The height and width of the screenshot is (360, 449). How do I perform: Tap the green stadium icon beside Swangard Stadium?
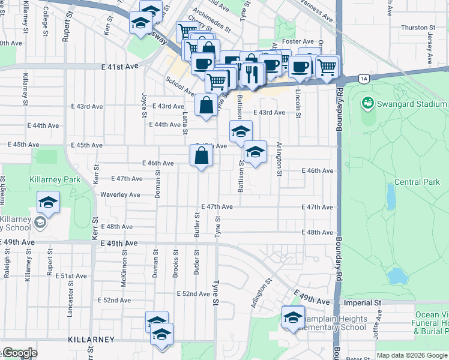pyautogui.click(x=367, y=103)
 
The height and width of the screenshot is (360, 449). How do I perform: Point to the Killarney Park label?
pyautogui.click(x=53, y=179)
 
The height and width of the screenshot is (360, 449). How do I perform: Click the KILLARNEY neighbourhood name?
pyautogui.click(x=91, y=340)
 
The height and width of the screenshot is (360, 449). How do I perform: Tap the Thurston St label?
pyautogui.click(x=418, y=28)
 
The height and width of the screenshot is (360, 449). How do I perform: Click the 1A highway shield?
pyautogui.click(x=363, y=78)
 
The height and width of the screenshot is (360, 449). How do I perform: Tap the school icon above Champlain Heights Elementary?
pyautogui.click(x=294, y=316)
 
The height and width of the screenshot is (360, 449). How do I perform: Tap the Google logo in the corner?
pyautogui.click(x=20, y=353)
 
